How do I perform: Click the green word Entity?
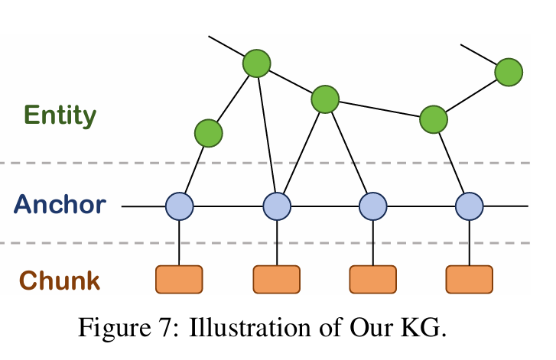click(x=60, y=116)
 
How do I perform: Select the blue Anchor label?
click(x=60, y=205)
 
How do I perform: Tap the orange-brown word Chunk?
click(x=60, y=281)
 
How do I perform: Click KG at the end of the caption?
click(x=424, y=332)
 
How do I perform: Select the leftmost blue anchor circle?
click(x=180, y=206)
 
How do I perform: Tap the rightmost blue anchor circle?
click(x=470, y=206)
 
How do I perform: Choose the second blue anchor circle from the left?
click(x=277, y=206)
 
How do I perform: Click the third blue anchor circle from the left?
click(x=373, y=206)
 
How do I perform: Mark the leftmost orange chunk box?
click(x=179, y=280)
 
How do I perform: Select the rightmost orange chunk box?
click(x=470, y=280)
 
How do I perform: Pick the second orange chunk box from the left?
click(x=277, y=280)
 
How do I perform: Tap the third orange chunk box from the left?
click(x=373, y=280)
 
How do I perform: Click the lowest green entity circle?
click(x=208, y=134)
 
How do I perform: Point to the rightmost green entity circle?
click(x=509, y=73)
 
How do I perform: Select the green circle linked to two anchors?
click(x=325, y=99)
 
